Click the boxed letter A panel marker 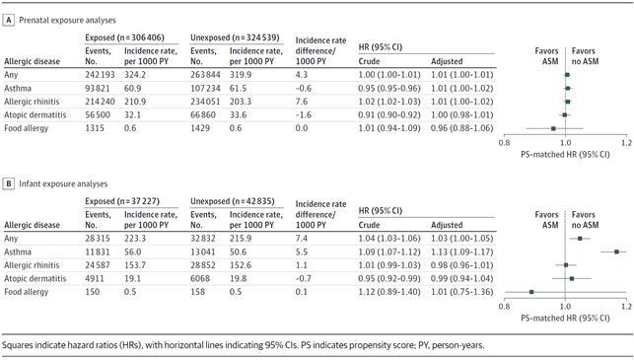click(x=9, y=20)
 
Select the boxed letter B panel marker click(x=9, y=183)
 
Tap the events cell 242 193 click(x=100, y=75)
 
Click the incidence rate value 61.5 click(x=238, y=88)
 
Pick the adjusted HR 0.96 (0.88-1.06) click(x=462, y=128)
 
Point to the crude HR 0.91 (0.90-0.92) click(x=389, y=114)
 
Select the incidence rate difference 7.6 click(x=302, y=102)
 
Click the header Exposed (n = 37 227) click(x=122, y=201)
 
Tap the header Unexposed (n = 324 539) click(x=235, y=37)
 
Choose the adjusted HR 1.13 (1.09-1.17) click(x=462, y=252)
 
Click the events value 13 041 click(x=203, y=252)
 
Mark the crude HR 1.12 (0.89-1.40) click(x=389, y=292)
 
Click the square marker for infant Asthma click(x=616, y=252)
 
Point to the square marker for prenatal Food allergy click(x=553, y=128)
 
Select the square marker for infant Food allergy click(x=531, y=292)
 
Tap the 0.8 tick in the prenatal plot click(x=504, y=142)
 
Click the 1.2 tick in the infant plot click(x=626, y=306)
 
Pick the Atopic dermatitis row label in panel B click(x=35, y=279)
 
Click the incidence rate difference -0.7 click(x=304, y=279)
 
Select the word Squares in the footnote click(x=17, y=345)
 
